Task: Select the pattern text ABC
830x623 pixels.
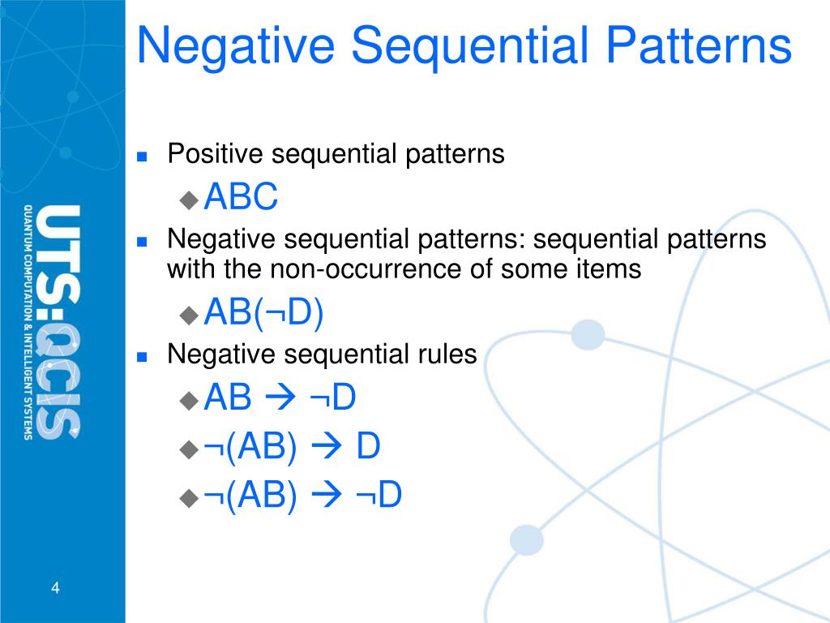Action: click(242, 197)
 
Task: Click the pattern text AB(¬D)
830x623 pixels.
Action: click(264, 313)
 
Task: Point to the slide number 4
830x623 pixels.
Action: click(55, 588)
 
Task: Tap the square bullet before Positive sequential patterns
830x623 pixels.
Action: click(142, 157)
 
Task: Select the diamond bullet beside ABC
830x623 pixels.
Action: click(189, 198)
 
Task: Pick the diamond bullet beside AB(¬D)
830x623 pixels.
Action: click(189, 315)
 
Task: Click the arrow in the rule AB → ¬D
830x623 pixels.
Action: click(281, 399)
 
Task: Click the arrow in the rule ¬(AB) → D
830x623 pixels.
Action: click(327, 448)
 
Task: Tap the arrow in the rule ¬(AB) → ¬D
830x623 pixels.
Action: click(327, 496)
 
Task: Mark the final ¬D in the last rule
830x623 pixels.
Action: click(379, 496)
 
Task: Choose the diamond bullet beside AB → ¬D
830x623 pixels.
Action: click(189, 400)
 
